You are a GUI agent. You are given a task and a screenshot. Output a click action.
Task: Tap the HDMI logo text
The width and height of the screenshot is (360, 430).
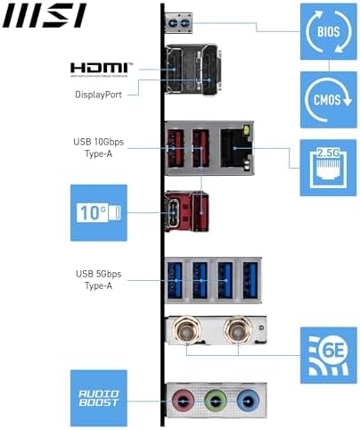coord(102,69)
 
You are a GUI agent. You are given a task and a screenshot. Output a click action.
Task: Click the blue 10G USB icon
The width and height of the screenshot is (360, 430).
coord(99,212)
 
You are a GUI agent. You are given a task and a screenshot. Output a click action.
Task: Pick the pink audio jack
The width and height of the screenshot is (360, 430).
coord(183,401)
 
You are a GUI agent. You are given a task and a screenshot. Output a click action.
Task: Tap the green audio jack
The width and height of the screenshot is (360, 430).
coord(213,401)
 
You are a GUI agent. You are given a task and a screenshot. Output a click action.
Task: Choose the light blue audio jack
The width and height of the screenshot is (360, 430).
coord(244,401)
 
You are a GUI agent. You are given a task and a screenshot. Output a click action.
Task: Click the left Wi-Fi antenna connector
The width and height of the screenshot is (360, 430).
coord(187,332)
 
